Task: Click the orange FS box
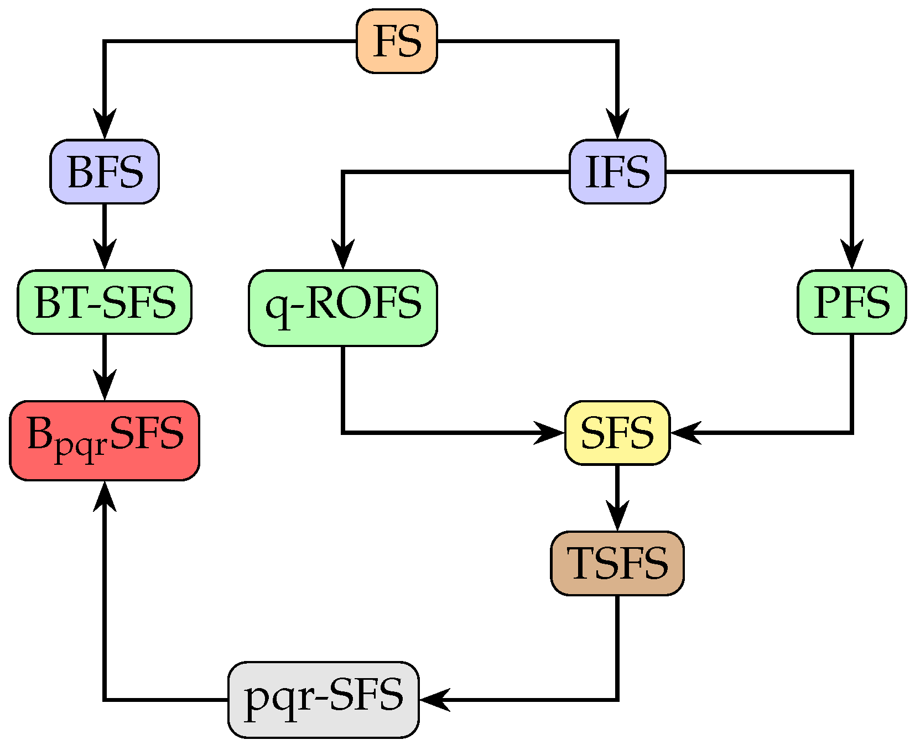point(397,41)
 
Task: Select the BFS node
point(105,171)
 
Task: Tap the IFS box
point(617,171)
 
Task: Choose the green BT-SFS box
point(105,302)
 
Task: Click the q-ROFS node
point(343,308)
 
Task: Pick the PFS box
point(851,302)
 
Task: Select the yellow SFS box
point(617,433)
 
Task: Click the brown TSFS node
point(617,563)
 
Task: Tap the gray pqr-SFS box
point(324,699)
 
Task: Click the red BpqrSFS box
point(105,440)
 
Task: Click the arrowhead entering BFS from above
point(105,124)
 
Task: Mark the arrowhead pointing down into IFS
point(617,124)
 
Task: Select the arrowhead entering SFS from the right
point(685,433)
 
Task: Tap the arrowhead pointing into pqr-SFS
point(434,699)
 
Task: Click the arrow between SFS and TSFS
point(617,497)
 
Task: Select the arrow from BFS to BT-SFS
point(105,237)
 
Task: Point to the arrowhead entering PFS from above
point(851,255)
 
